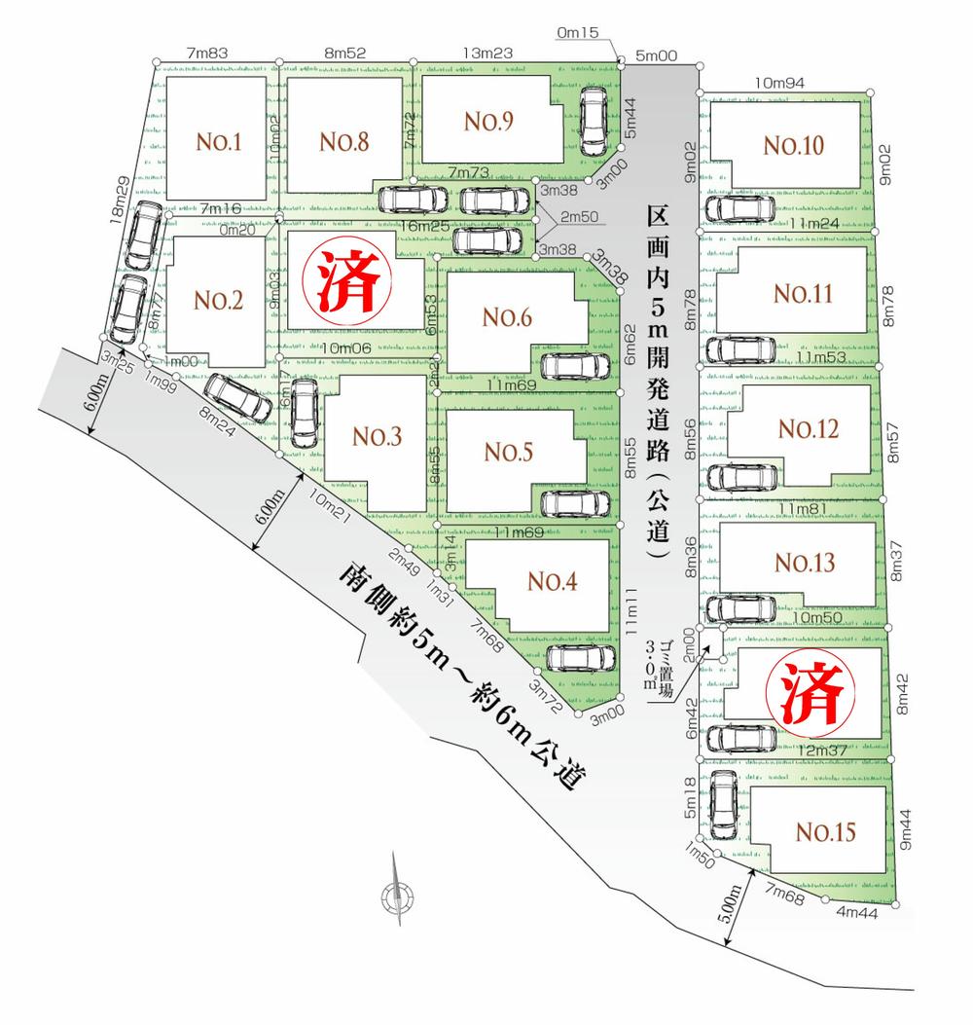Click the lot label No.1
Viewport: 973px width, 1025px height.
pos(219,143)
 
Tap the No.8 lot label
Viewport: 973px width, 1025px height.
pos(342,143)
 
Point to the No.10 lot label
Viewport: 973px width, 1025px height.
pos(793,146)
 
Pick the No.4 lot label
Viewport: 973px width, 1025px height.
pos(553,581)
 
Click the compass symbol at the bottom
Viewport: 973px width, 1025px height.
pos(397,894)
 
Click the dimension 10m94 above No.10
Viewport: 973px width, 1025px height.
pos(777,85)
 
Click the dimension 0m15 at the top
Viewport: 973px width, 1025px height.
pos(578,33)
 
